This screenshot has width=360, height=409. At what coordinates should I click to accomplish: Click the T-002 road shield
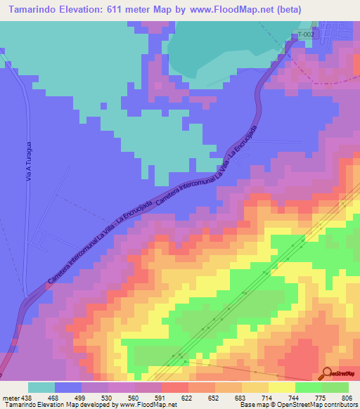[x=305, y=34]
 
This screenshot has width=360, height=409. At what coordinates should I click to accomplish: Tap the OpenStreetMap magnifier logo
[x=327, y=372]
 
